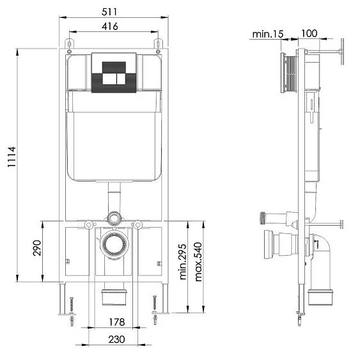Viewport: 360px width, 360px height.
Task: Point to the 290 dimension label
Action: pos(36,249)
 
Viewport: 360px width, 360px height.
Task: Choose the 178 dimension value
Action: pos(116,322)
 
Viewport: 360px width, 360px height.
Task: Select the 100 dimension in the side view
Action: pos(309,33)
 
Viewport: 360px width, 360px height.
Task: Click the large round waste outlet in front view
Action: pos(113,246)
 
